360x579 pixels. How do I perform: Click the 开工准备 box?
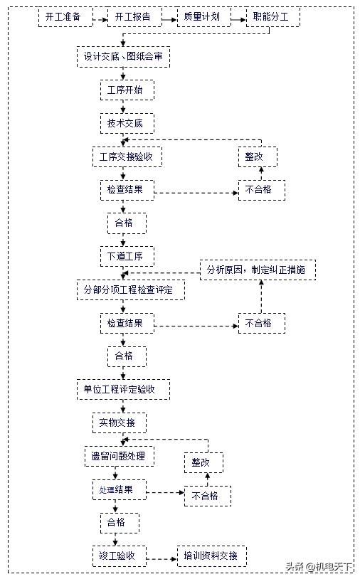(x=65, y=16)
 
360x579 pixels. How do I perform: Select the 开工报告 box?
(x=133, y=16)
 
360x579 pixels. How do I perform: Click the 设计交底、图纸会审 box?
(x=123, y=56)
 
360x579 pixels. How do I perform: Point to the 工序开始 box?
(x=125, y=90)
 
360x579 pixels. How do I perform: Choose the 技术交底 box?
(x=125, y=123)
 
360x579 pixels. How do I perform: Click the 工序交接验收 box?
(x=127, y=156)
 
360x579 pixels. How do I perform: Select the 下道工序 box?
(x=125, y=256)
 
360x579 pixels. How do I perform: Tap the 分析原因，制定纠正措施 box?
(x=257, y=270)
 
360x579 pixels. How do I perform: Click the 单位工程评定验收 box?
(x=123, y=389)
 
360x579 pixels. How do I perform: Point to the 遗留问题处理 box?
(x=118, y=456)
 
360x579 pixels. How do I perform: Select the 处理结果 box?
(x=118, y=489)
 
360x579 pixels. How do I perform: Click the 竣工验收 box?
(x=118, y=556)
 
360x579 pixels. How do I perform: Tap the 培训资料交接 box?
(x=211, y=556)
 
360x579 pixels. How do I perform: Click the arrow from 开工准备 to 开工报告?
(x=100, y=16)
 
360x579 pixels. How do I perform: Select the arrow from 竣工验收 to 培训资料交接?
(x=162, y=556)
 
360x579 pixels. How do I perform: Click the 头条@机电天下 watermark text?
(x=319, y=567)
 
